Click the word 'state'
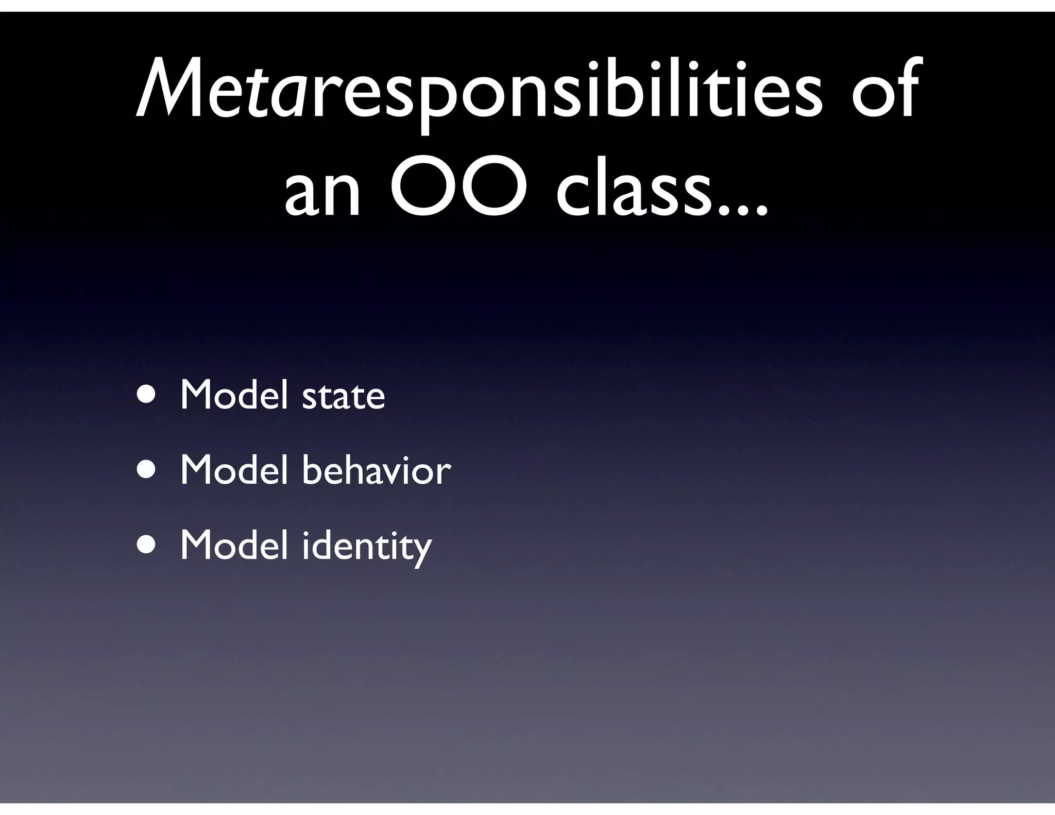(x=343, y=397)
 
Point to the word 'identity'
(x=366, y=546)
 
